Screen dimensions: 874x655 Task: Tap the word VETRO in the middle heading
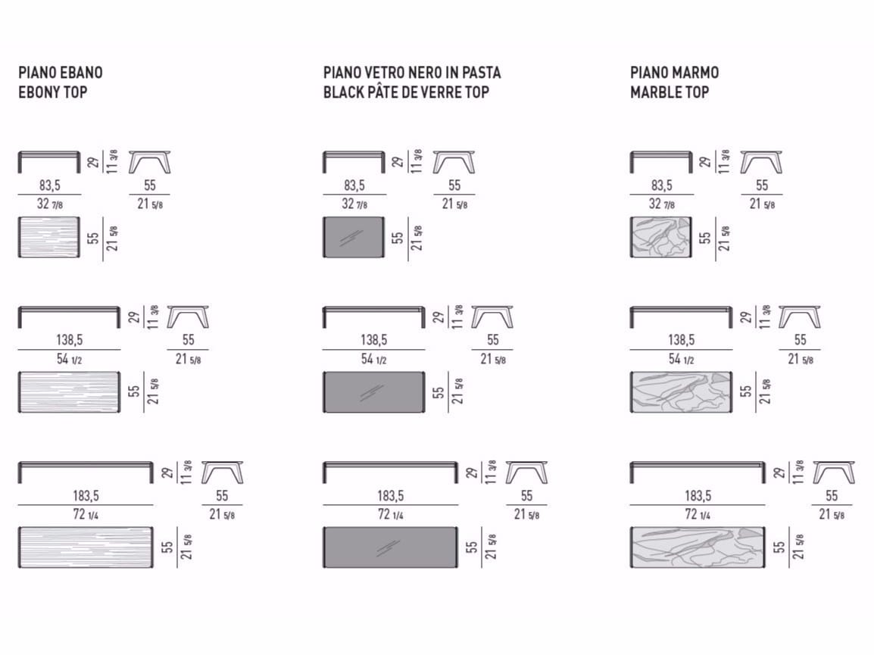point(383,73)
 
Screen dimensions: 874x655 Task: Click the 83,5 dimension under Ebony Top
point(50,185)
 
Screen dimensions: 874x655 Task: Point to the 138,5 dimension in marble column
point(681,339)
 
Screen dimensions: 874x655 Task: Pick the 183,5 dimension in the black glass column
point(390,495)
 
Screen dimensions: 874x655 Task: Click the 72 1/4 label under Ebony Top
point(86,514)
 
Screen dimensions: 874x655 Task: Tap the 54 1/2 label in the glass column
point(373,359)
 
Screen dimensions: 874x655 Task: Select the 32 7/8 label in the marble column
point(662,204)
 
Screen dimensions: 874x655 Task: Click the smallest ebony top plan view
point(49,237)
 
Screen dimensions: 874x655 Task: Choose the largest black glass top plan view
point(390,547)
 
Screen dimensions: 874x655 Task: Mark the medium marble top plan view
point(681,392)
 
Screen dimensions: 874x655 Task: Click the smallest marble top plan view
point(661,237)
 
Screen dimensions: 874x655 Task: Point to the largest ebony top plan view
point(86,547)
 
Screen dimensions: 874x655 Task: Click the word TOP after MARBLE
point(698,92)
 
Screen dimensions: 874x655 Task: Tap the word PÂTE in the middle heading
point(385,92)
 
